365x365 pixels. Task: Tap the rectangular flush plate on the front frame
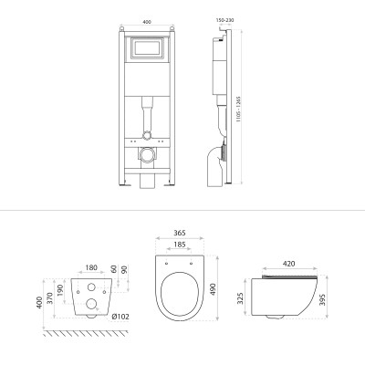point(148,47)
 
